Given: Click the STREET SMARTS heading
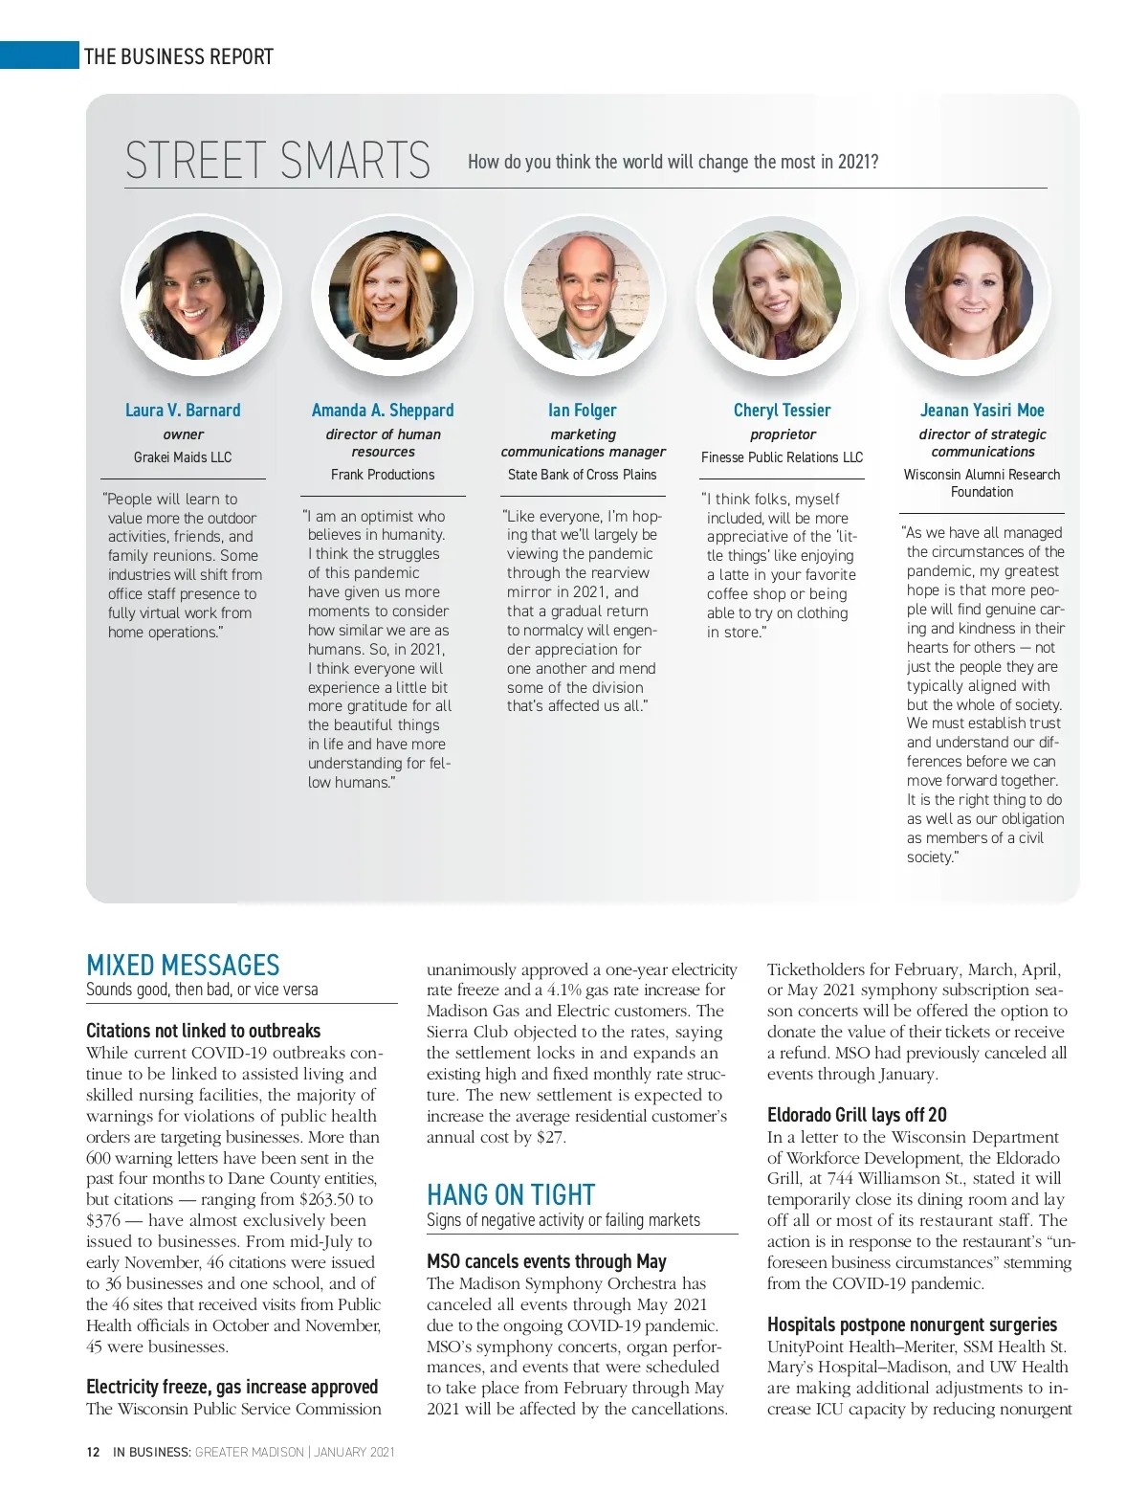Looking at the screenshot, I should point(277,161).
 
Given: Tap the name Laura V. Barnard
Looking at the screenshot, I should point(183,411).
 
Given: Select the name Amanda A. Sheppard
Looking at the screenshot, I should point(383,411).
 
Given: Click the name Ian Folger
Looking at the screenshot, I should point(582,411).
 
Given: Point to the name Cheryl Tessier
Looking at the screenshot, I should point(782,411).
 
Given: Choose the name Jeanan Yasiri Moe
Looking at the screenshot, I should point(982,411).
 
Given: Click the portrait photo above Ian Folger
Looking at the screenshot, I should point(585,296).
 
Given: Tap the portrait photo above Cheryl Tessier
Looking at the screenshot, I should point(777,296).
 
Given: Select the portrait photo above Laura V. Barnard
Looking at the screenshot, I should point(200,296).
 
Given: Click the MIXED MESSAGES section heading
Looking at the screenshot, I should point(183,965).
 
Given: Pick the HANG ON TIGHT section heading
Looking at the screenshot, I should point(511,1195).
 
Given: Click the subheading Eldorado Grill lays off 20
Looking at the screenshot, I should point(856,1115).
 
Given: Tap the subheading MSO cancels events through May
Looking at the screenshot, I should point(546,1261).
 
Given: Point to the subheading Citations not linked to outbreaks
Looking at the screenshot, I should point(203,1031).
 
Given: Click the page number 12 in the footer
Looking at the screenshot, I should point(93,1452).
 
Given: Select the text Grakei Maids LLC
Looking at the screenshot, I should point(183,457).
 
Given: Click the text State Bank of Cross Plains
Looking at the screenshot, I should point(582,475).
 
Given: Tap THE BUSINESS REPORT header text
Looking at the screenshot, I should point(179,56).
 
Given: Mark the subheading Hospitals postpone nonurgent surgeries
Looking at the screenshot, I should point(912,1324).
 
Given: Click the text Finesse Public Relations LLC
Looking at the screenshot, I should point(782,457).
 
